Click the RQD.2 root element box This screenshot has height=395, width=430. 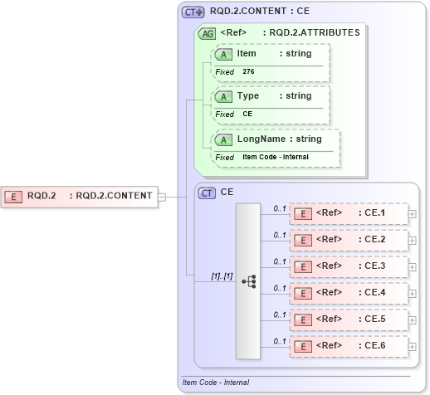[x=80, y=196]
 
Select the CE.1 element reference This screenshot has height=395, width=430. [x=349, y=213]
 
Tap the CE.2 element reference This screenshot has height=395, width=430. [x=349, y=240]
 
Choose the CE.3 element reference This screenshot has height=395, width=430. [x=349, y=266]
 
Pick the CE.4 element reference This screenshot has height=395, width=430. [x=349, y=293]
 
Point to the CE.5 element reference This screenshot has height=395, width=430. [x=349, y=319]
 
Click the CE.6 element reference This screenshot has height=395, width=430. [x=349, y=346]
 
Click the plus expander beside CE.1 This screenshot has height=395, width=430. [x=413, y=213]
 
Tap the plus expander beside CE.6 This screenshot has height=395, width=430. [x=413, y=346]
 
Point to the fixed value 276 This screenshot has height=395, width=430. [x=249, y=72]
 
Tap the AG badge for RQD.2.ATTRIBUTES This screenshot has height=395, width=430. [x=207, y=33]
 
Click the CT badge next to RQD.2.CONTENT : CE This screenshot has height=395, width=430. [x=193, y=12]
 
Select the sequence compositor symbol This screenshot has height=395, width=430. [x=248, y=282]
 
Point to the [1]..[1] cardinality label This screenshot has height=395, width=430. [x=198, y=275]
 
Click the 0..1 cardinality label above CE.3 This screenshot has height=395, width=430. [x=280, y=261]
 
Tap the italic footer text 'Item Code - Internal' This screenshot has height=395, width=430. [x=215, y=383]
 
